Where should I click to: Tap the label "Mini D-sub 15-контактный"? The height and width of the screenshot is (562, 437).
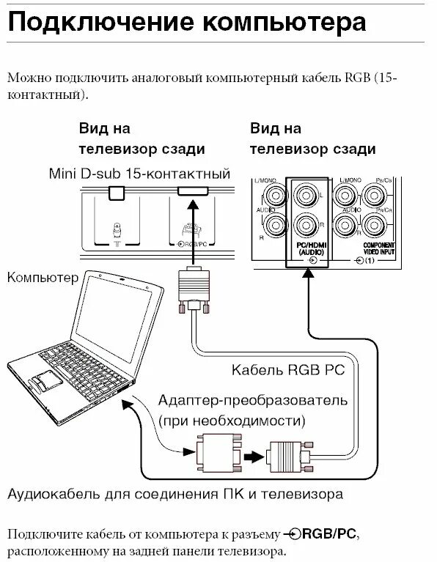tap(139, 174)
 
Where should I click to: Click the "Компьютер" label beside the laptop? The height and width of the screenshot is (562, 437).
tap(42, 278)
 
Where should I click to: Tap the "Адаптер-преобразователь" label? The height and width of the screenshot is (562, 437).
tap(253, 402)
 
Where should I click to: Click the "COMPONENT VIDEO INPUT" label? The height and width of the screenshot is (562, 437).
tap(379, 248)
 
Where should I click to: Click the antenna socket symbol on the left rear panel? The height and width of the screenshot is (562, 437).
tap(117, 233)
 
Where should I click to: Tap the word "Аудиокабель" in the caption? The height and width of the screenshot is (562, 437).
tap(56, 494)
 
